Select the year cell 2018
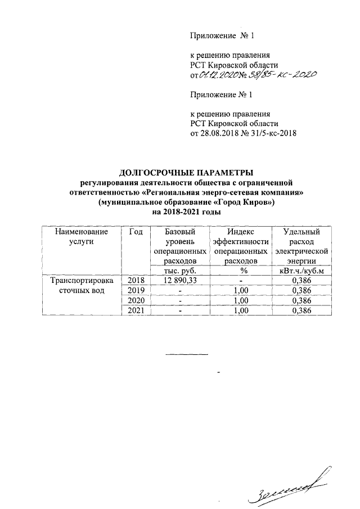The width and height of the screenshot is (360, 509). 136,280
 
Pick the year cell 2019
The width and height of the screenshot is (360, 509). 136,290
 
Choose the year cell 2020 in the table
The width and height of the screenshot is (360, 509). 136,300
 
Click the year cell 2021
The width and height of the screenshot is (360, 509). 136,310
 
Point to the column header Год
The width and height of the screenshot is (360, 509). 136,232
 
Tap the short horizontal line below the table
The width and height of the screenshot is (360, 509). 187,354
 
